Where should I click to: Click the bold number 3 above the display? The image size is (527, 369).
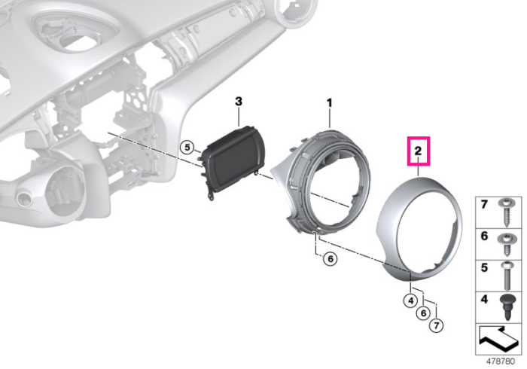pos(239,101)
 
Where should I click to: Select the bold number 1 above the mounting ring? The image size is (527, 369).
pos(330,102)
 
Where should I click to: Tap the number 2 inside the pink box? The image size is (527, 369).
pos(418,151)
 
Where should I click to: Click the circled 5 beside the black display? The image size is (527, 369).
pos(187,147)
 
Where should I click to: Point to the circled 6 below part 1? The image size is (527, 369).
pos(330,259)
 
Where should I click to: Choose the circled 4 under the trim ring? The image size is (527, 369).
pos(410,300)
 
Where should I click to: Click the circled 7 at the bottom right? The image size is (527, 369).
pos(436,325)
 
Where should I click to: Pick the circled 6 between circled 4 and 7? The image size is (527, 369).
pos(423,313)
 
